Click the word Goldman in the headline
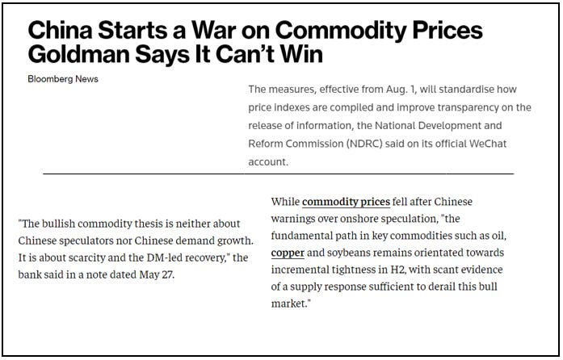click(x=78, y=57)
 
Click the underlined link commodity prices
click(x=346, y=201)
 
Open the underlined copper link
click(x=288, y=253)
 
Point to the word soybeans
click(x=357, y=253)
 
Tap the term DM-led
click(x=151, y=258)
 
